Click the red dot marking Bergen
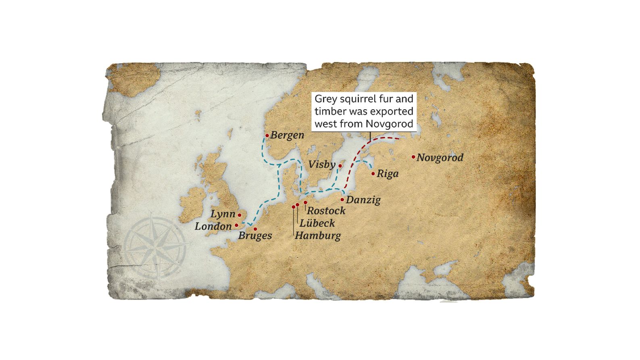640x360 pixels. point(267,136)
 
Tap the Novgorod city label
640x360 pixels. point(440,157)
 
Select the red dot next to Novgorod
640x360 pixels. point(413,157)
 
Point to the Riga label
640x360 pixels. point(388,174)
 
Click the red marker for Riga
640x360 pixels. point(373,174)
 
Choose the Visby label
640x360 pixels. point(322,164)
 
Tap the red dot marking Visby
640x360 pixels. point(340,165)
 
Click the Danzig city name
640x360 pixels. point(363,200)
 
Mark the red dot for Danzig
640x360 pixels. point(342,200)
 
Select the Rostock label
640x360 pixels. point(326,210)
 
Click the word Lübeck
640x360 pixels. point(317,223)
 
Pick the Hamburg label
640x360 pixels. point(317,235)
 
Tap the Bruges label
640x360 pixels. point(255,235)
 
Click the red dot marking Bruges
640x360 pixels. point(255,229)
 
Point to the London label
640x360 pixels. point(213,227)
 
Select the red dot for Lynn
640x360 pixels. point(239,215)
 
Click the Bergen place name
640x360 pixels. point(287,135)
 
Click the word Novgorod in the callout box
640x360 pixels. point(390,123)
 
